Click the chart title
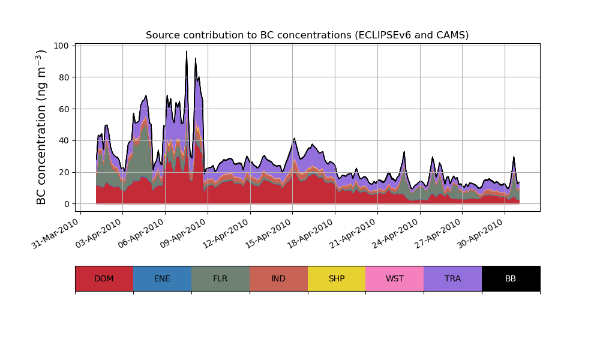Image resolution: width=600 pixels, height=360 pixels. pos(307,35)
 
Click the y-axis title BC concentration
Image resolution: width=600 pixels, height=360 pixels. pos(41,127)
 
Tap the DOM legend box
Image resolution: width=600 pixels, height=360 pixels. pos(104,278)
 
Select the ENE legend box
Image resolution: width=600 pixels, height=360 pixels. pos(162,278)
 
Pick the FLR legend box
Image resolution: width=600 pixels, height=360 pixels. pos(220,278)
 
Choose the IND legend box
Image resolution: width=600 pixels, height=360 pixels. pos(278,278)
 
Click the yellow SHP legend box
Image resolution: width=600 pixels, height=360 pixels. pos(337,278)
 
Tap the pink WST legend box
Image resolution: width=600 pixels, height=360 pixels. pos(395,278)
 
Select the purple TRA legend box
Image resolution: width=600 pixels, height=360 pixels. pos(453,278)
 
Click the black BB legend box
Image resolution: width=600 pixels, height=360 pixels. pos(511,278)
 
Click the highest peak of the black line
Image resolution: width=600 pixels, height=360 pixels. pos(187,52)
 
